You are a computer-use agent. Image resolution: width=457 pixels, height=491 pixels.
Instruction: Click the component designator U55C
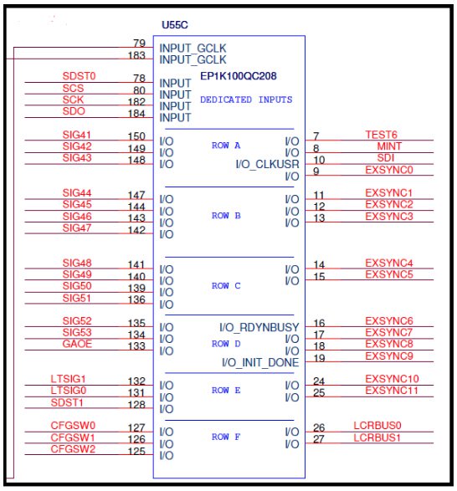[175, 25]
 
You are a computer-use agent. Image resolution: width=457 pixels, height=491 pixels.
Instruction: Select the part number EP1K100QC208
[239, 76]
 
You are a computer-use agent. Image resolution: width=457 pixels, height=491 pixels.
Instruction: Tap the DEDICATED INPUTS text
[246, 100]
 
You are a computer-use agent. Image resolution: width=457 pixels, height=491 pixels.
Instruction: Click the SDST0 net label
[79, 76]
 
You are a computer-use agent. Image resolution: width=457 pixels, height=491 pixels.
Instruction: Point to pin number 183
[136, 55]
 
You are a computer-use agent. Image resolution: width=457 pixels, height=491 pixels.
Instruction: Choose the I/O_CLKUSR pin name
[267, 164]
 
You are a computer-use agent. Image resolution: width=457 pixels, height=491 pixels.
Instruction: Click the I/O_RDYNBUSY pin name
[259, 328]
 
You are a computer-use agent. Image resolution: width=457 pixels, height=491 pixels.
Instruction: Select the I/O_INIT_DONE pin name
[260, 363]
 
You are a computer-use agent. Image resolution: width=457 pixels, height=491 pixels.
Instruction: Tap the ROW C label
[226, 285]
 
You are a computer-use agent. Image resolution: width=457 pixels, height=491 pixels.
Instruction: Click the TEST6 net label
[381, 135]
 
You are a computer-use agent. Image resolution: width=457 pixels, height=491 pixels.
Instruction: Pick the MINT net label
[389, 146]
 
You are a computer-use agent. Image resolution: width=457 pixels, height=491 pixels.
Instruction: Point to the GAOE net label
[77, 344]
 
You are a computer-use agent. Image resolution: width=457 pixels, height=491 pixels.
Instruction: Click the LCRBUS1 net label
[377, 437]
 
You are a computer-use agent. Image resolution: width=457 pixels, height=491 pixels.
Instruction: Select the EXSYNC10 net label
[392, 379]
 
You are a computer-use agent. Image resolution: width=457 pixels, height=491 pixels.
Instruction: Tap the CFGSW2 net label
[73, 449]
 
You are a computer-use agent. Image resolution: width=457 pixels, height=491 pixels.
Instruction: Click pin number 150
[136, 136]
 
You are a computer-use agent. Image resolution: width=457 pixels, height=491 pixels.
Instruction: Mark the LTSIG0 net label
[69, 391]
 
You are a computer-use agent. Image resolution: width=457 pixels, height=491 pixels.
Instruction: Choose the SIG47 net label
[77, 228]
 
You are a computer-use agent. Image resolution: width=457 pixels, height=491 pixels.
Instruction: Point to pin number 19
[319, 358]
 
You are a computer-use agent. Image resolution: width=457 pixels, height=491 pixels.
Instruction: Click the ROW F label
[226, 437]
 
